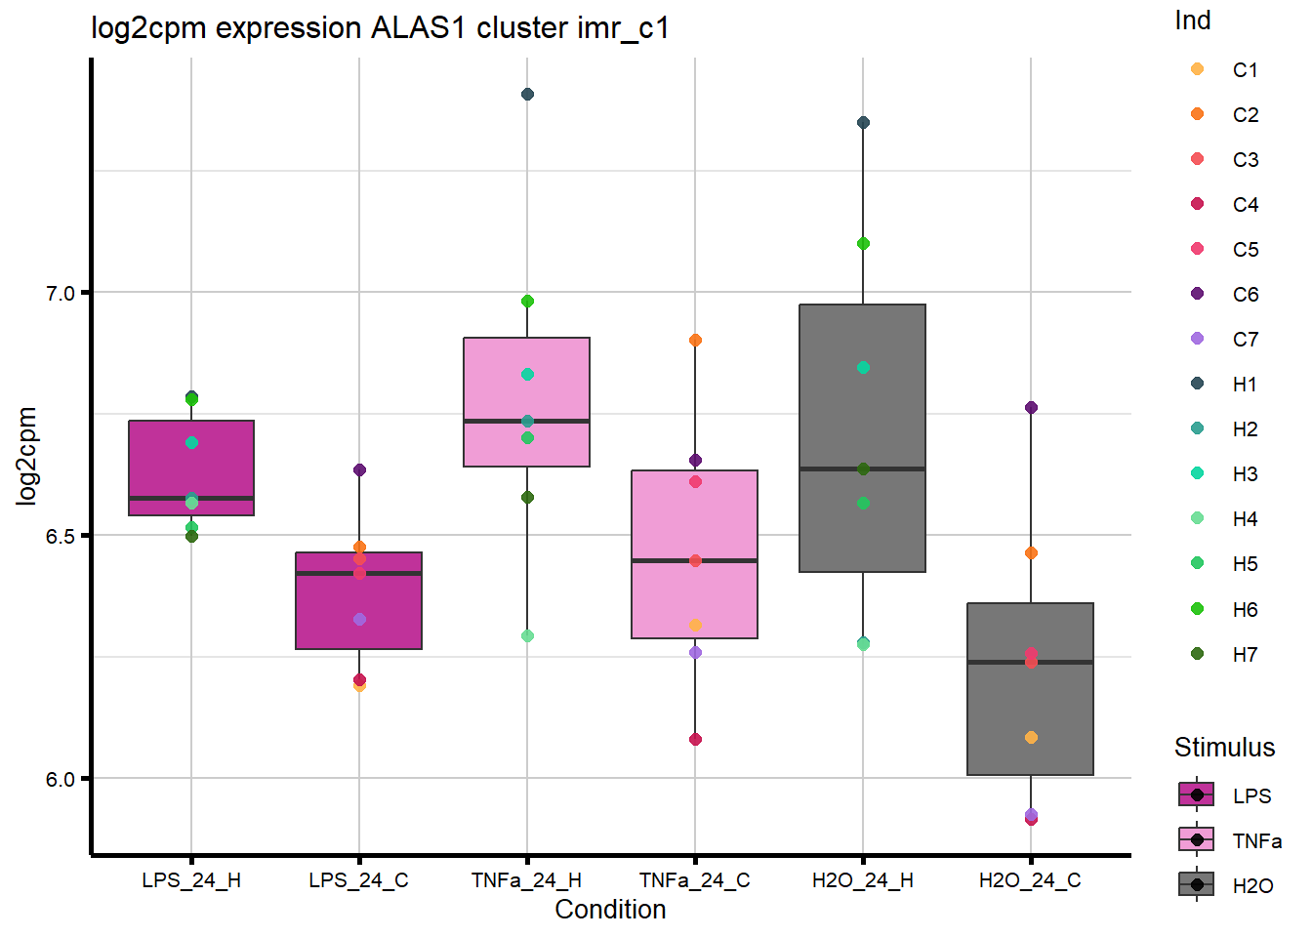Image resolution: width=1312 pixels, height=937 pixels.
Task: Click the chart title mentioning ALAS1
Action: click(x=380, y=27)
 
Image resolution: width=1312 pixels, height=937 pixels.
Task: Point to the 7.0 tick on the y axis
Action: click(x=61, y=293)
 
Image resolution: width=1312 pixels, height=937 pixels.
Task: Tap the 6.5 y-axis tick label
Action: click(x=61, y=536)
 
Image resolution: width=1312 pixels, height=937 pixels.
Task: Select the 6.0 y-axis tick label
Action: click(x=61, y=779)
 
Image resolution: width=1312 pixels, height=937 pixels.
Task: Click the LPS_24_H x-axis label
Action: click(x=191, y=880)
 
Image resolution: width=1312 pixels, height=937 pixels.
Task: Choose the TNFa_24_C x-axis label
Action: click(x=695, y=880)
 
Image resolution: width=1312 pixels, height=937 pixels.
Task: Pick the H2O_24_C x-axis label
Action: click(x=1030, y=880)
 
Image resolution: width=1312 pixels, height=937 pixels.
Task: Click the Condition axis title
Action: click(x=610, y=910)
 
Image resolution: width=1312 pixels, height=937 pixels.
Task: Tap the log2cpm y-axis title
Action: click(x=26, y=456)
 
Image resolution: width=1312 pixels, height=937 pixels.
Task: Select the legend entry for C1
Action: click(x=1245, y=70)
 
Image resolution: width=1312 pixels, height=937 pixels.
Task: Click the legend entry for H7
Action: click(x=1245, y=655)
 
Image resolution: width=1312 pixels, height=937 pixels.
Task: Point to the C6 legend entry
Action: click(x=1245, y=295)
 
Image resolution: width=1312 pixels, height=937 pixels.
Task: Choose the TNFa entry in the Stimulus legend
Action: click(x=1256, y=841)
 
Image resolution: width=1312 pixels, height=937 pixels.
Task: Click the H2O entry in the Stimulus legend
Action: click(x=1252, y=886)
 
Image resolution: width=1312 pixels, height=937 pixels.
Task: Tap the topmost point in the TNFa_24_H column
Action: click(x=527, y=95)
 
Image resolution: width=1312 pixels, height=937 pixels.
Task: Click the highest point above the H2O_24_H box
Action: click(x=863, y=123)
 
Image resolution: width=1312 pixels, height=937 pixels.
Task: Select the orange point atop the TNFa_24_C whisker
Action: click(x=695, y=341)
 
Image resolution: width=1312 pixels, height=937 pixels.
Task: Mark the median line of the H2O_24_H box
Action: click(x=863, y=469)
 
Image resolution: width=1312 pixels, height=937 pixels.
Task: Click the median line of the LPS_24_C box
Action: click(x=359, y=574)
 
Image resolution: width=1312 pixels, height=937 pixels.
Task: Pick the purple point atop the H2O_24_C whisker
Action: click(x=1031, y=408)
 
